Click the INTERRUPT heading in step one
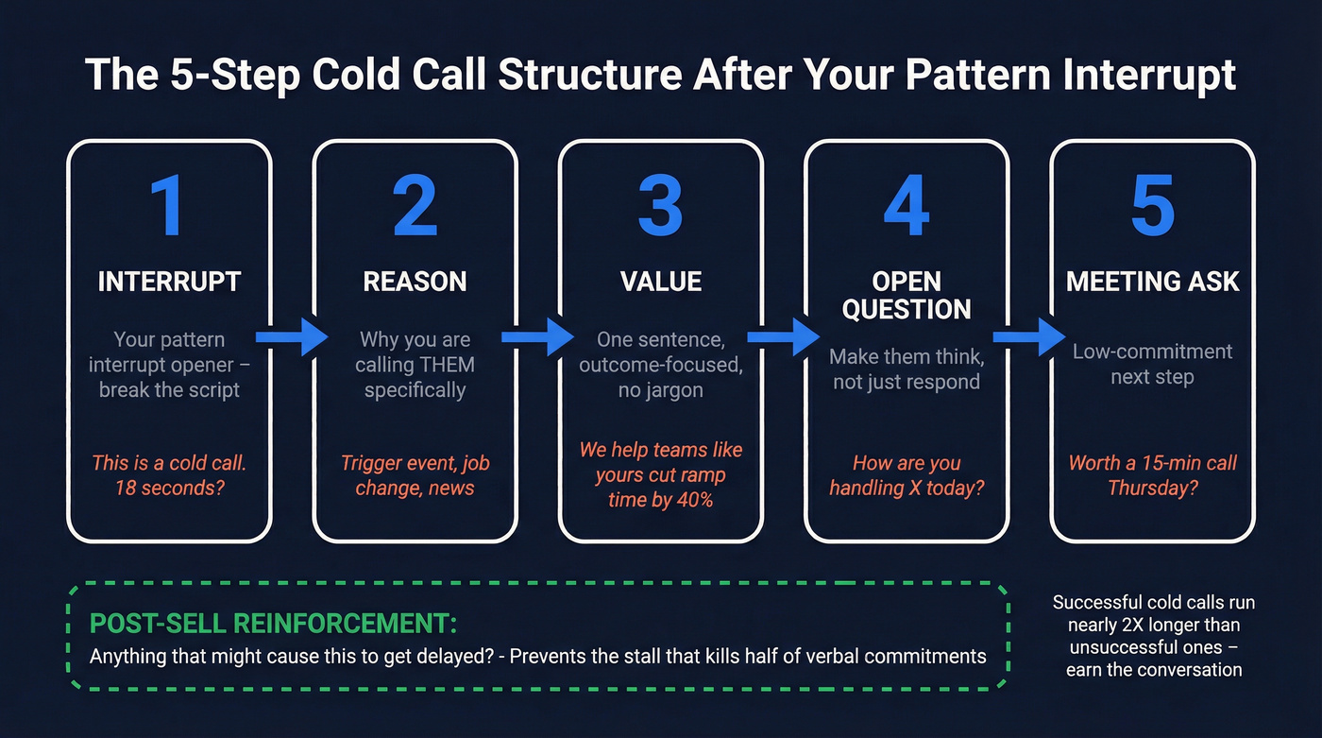coord(169,282)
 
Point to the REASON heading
coord(415,282)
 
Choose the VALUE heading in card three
coord(661,282)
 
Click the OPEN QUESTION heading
coord(907,296)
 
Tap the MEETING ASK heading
coord(1152,282)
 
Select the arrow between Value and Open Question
coord(784,336)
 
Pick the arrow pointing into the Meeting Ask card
coord(1029,336)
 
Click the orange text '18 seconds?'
coord(170,489)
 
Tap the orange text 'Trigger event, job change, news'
coord(415,475)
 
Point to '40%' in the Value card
coord(693,500)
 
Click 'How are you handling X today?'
coord(907,475)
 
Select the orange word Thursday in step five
coord(1152,489)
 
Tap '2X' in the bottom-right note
coord(1134,626)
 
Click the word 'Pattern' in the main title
coord(998,76)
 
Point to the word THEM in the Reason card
coord(442,365)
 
